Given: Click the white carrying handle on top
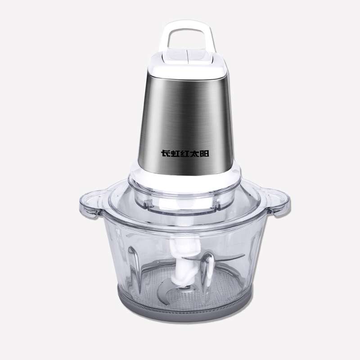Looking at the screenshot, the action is (187, 25).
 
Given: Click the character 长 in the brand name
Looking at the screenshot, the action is (165, 153).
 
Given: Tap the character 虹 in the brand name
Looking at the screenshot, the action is (175, 153).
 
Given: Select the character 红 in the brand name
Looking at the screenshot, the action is (184, 153).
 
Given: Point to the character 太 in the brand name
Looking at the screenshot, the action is (194, 153).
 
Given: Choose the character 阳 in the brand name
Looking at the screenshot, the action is (204, 153).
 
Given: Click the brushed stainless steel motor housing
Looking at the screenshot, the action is (185, 124).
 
